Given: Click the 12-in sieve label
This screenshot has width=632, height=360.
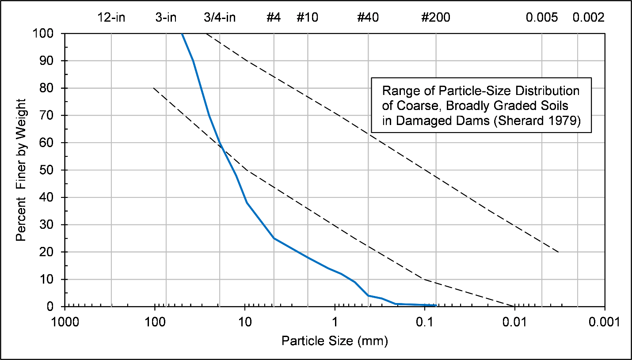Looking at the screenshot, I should pos(111,18).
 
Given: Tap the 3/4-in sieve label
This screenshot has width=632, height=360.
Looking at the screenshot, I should pos(220,18).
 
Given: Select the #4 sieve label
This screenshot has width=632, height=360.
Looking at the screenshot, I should pos(274,18).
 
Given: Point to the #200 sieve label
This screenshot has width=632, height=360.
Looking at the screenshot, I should pos(436,18).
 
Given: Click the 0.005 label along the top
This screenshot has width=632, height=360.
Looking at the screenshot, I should pos(542,18).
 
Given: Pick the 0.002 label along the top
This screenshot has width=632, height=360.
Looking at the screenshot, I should pos(588,18).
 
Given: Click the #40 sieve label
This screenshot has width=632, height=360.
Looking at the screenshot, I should pos(368,18).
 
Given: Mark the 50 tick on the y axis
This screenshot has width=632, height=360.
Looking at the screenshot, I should pos(49,170).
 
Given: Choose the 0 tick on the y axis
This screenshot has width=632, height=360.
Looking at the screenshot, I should pos(52,307).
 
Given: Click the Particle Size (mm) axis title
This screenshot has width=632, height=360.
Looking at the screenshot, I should pos(335,341).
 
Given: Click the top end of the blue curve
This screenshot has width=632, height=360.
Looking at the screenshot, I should pos(182,34).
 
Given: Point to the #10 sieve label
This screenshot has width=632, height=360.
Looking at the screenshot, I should pos(307,18).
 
